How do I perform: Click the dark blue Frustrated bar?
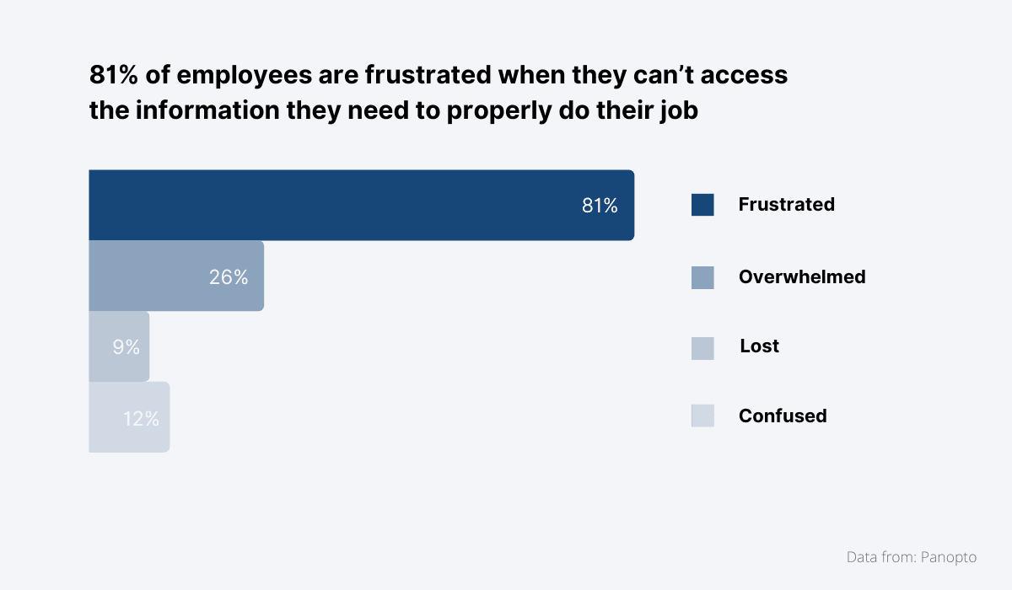pyautogui.click(x=337, y=205)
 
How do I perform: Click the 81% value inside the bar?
pyautogui.click(x=600, y=206)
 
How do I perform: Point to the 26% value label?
pyautogui.click(x=229, y=276)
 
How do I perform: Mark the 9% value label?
pyautogui.click(x=126, y=346)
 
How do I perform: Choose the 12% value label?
pyautogui.click(x=141, y=418)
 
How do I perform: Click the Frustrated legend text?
pyautogui.click(x=786, y=204)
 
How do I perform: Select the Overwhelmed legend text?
pyautogui.click(x=801, y=276)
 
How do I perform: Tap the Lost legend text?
pyautogui.click(x=759, y=346)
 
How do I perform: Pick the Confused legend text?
pyautogui.click(x=782, y=416)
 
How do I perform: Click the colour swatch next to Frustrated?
pyautogui.click(x=702, y=205)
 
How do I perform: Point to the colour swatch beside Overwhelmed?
pyautogui.click(x=702, y=277)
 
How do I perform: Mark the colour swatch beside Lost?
pyautogui.click(x=702, y=348)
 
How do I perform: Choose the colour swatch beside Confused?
pyautogui.click(x=702, y=416)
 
